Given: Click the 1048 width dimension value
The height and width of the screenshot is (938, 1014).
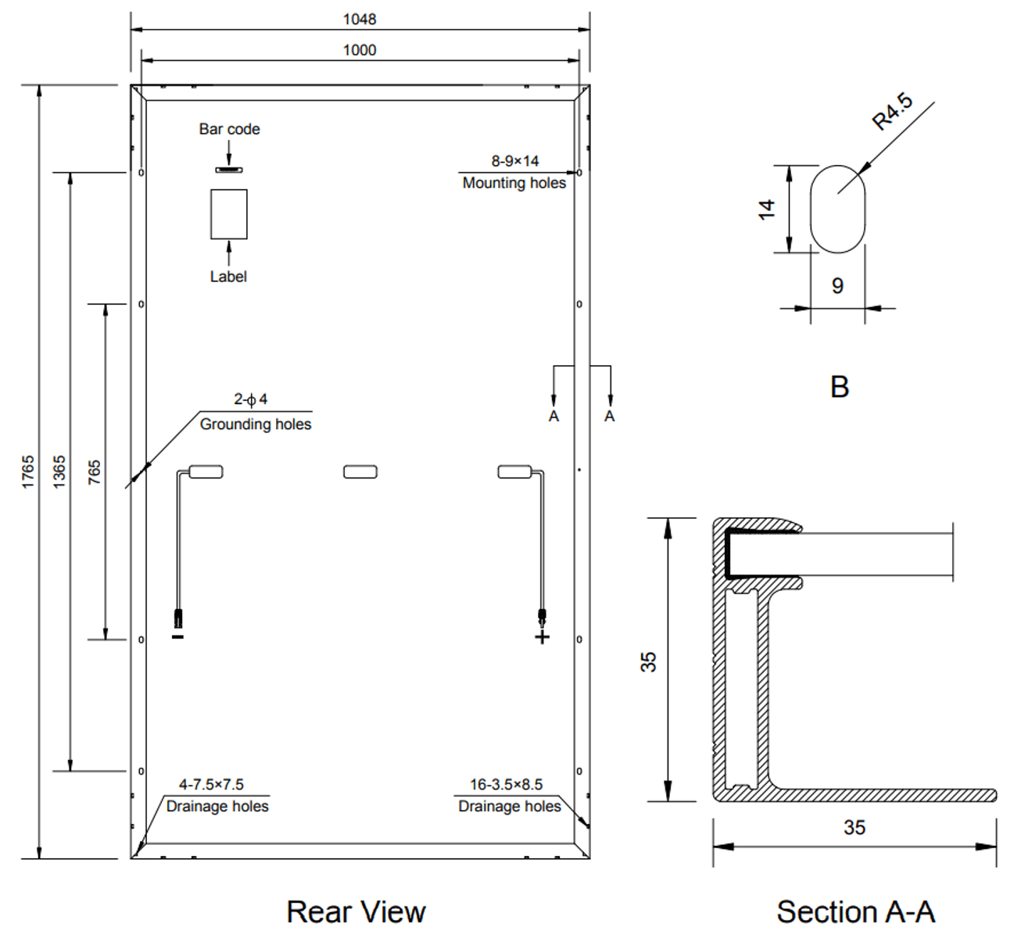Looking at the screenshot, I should tap(360, 19).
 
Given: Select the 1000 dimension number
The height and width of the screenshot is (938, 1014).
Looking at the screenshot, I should tap(360, 50).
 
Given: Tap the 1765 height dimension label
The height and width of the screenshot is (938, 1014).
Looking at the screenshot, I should tap(28, 472).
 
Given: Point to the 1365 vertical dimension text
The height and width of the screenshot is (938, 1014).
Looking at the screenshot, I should tap(59, 472).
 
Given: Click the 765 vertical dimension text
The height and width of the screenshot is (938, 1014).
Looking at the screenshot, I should tap(94, 472).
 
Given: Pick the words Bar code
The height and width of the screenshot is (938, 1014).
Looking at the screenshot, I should tap(229, 129).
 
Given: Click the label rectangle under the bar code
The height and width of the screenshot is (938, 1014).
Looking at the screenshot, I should tap(229, 214).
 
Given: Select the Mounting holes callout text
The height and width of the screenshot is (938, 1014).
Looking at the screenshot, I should tap(514, 183).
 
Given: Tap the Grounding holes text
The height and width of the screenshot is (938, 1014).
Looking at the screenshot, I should tap(256, 424).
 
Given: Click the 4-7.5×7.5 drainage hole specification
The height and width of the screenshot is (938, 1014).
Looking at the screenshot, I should tap(211, 784).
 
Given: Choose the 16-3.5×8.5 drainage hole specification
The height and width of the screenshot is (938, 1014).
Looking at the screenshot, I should tap(506, 784).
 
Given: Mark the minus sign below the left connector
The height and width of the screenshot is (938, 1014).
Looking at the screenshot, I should tap(178, 638).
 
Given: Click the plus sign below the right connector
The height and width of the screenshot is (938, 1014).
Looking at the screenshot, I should tap(542, 638).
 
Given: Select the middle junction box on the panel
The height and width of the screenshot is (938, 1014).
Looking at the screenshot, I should tap(360, 471).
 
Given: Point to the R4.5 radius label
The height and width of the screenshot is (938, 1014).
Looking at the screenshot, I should tap(892, 112).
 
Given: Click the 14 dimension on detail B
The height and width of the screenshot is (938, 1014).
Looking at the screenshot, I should tap(766, 209).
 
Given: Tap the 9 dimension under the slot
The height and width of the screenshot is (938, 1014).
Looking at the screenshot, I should tap(837, 286).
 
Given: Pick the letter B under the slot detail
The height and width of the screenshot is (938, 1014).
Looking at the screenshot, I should tap(839, 387).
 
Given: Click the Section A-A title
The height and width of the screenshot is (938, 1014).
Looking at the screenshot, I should tap(855, 911).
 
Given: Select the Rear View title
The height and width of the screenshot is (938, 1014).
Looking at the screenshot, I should tap(356, 911).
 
